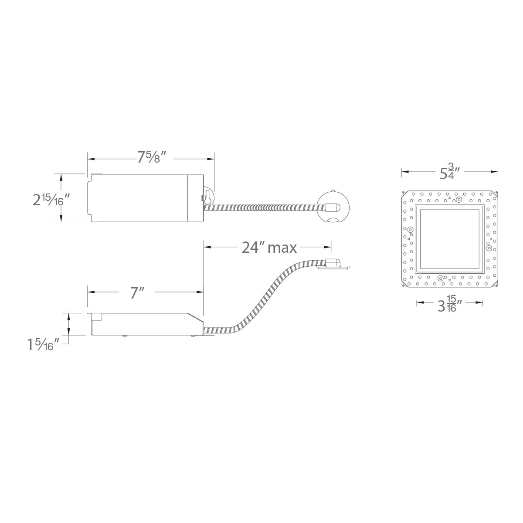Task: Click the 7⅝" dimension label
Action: [x=152, y=158]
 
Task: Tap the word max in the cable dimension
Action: [x=282, y=248]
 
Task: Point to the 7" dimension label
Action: [x=137, y=293]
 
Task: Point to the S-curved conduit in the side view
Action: [x=270, y=296]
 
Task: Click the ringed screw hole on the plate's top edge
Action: [x=459, y=200]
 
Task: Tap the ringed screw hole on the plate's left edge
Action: [x=410, y=230]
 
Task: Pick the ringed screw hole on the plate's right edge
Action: [x=489, y=248]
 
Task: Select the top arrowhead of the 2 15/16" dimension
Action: [x=61, y=176]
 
